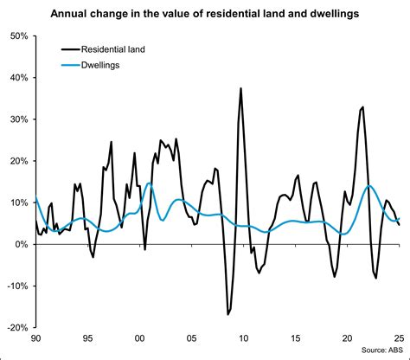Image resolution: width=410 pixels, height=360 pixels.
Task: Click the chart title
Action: point(205,13)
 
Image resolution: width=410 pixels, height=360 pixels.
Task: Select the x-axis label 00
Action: point(140,339)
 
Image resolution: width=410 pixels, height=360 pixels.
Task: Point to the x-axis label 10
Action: point(244,339)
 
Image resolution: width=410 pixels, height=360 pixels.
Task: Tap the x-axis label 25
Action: point(399,339)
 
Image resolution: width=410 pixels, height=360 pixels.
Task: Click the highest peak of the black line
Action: point(240,88)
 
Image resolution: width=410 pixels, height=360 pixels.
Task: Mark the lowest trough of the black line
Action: point(228,315)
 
